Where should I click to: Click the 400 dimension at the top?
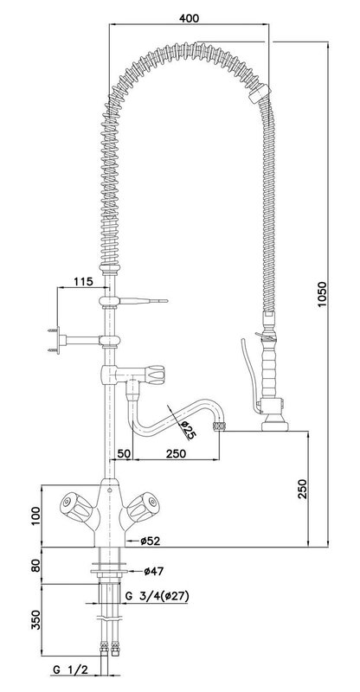(x=189, y=18)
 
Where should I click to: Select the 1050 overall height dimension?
(x=323, y=294)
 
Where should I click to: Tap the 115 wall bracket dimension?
(x=83, y=282)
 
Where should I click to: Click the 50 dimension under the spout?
(x=124, y=453)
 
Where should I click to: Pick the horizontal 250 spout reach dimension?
(x=176, y=453)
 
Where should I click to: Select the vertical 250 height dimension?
(x=302, y=488)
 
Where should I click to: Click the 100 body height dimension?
(x=35, y=516)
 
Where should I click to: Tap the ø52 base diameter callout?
(x=151, y=541)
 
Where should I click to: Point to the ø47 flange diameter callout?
(x=154, y=571)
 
